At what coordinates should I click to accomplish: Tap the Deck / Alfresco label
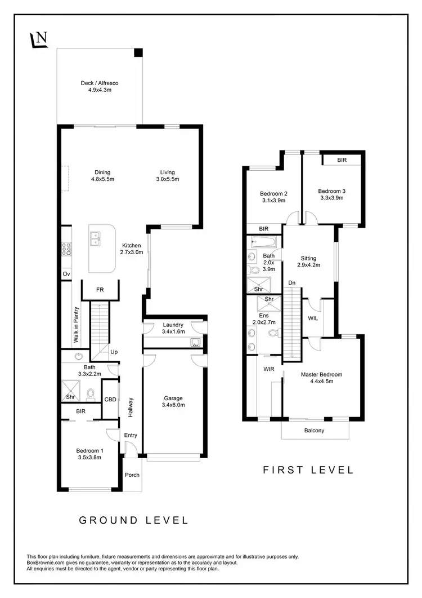(x=100, y=86)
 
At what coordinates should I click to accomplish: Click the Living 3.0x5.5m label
(x=167, y=176)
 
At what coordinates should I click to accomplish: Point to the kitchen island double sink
(x=96, y=239)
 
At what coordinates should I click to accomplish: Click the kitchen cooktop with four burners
(x=66, y=249)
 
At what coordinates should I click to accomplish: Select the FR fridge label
(x=100, y=289)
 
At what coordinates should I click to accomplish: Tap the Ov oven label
(x=66, y=274)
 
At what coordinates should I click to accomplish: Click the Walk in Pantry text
(x=75, y=325)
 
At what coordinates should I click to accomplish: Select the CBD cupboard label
(x=110, y=399)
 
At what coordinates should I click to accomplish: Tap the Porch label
(x=132, y=475)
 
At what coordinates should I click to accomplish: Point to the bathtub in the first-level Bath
(x=262, y=242)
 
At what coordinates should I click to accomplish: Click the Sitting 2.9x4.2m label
(x=308, y=262)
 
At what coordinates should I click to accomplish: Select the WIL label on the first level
(x=313, y=318)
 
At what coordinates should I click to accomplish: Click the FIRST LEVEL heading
(x=308, y=469)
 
